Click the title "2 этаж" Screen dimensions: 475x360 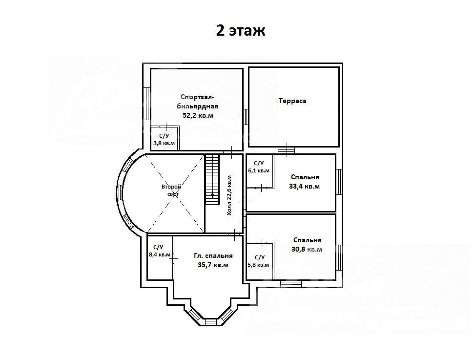241,31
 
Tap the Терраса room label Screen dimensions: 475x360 292,101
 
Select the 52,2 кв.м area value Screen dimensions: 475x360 198,115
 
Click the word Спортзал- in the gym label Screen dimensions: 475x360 198,97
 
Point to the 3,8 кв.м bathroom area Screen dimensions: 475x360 164,143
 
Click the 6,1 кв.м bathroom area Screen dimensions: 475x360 259,170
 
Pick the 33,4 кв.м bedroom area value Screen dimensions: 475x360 304,187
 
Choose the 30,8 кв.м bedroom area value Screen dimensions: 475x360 307,250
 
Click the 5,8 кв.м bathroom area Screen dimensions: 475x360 258,265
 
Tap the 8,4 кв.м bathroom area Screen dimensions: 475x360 159,255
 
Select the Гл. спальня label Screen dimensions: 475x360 213,256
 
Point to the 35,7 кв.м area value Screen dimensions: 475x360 213,265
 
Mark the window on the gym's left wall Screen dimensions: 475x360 146,104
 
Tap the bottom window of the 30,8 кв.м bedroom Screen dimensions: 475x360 291,284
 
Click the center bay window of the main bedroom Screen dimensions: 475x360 211,322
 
